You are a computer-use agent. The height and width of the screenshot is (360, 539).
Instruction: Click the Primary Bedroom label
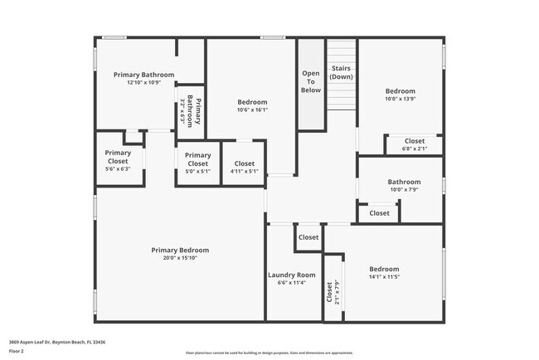tap(180, 250)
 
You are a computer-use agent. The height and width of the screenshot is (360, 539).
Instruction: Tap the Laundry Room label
tap(291, 275)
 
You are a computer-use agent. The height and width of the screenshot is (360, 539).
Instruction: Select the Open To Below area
tap(311, 81)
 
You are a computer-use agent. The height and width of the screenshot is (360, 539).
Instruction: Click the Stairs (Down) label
tap(341, 72)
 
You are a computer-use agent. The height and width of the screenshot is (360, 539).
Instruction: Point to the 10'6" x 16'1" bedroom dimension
tap(252, 109)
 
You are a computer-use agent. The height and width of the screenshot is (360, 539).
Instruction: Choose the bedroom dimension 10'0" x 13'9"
tap(400, 99)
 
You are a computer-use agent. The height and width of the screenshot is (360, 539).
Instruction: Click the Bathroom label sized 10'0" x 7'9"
tap(404, 182)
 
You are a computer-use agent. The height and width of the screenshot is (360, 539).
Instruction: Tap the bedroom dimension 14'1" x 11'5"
tap(384, 277)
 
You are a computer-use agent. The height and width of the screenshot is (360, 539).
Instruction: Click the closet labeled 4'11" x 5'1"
tap(244, 168)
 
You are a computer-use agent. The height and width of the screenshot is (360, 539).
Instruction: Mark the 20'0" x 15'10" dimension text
tap(180, 258)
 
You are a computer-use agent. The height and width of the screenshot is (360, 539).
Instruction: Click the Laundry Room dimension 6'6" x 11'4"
tap(291, 283)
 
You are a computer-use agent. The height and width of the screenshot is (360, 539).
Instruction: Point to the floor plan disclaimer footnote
tap(269, 353)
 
